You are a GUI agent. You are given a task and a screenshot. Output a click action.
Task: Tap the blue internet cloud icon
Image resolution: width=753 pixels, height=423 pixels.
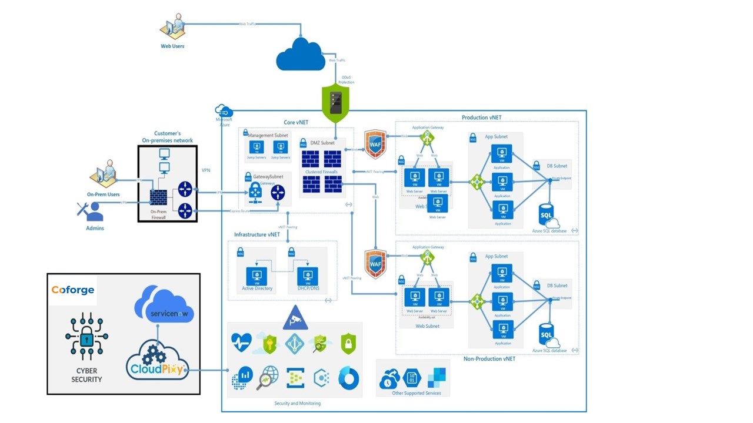click(301, 56)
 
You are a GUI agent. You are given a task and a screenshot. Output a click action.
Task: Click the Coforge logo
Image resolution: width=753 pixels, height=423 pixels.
click(72, 290)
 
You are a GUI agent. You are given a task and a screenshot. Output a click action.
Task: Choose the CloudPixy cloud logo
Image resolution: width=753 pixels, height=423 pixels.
click(158, 360)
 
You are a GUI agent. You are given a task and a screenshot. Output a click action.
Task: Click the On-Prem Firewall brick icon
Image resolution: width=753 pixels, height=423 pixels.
click(158, 199)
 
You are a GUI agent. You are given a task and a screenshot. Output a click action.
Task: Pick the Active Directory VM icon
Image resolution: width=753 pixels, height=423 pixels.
click(256, 274)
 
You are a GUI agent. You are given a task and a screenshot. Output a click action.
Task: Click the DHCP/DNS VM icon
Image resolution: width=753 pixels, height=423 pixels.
click(307, 275)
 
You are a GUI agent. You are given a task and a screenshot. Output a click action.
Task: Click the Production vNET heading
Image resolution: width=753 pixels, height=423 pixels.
click(482, 117)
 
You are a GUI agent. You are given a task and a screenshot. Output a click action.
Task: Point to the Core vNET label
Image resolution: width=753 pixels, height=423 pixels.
click(296, 122)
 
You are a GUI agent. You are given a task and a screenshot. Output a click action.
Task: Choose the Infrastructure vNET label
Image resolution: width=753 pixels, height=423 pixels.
click(257, 234)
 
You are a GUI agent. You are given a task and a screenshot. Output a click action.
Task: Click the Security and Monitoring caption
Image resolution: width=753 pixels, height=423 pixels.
click(297, 403)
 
